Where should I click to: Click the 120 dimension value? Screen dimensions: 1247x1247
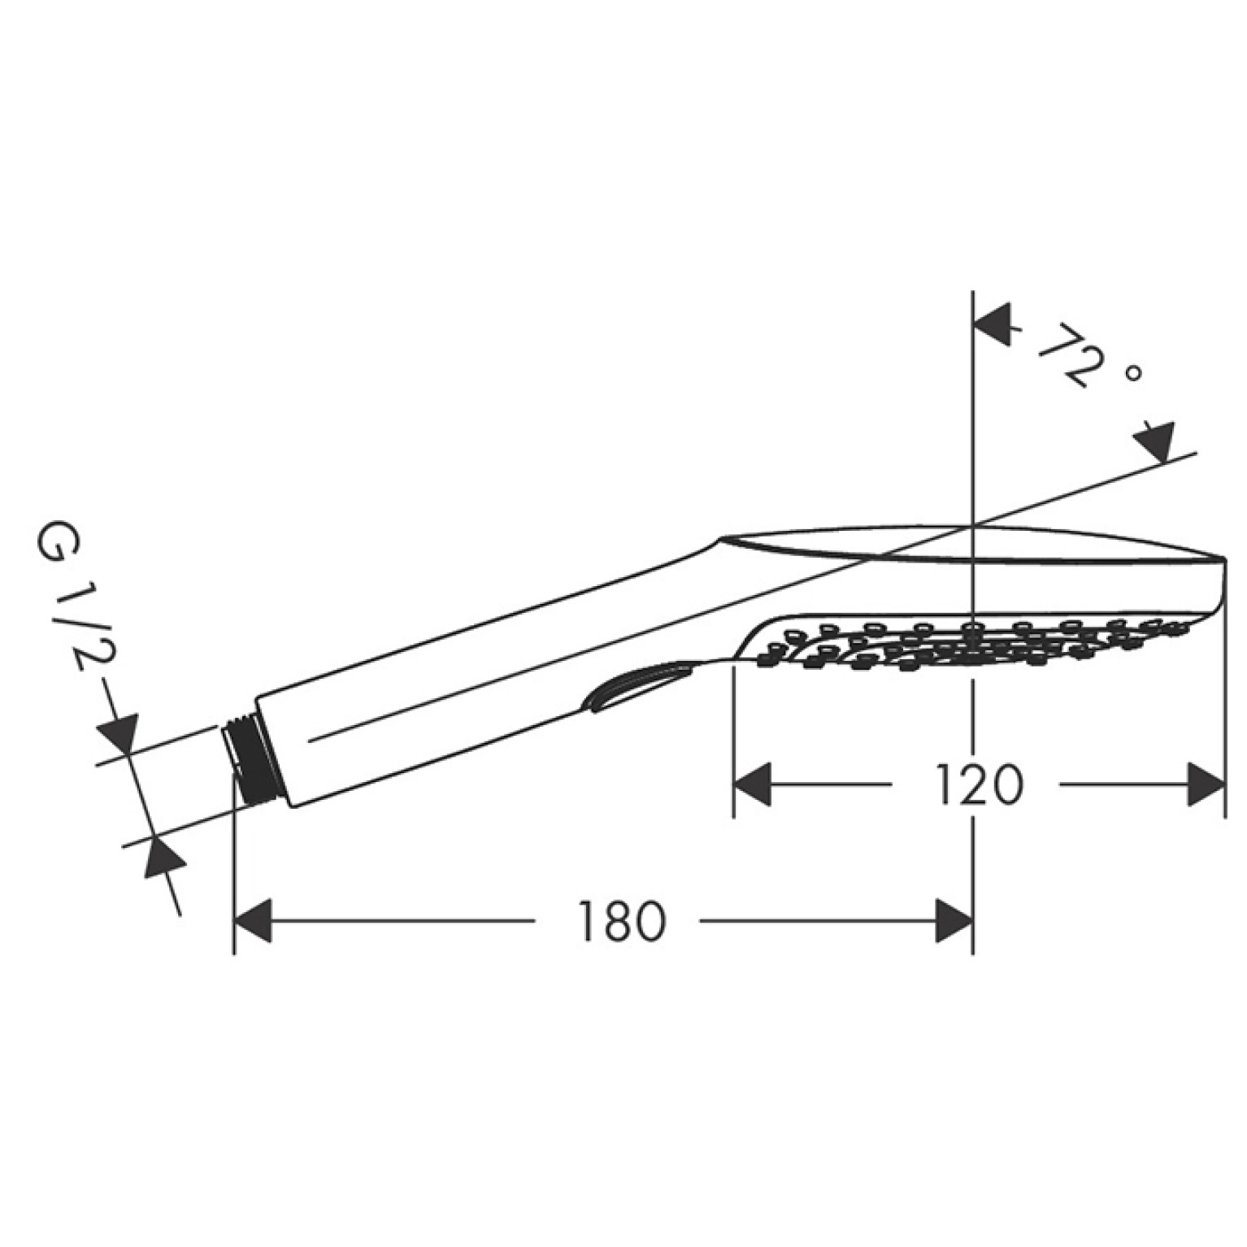(x=977, y=785)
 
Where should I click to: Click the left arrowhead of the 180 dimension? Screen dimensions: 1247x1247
(x=253, y=922)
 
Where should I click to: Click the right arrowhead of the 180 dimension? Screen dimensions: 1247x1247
(x=954, y=922)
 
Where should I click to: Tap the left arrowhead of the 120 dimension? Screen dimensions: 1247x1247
(x=753, y=785)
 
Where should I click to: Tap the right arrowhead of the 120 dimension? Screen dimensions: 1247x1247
(x=1206, y=785)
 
